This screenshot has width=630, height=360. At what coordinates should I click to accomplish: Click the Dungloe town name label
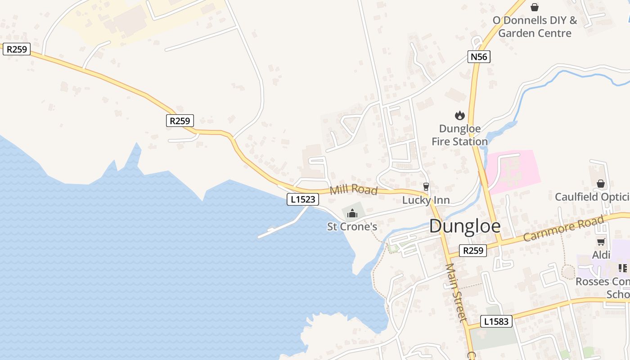(x=464, y=226)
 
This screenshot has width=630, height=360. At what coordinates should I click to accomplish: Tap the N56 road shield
(x=479, y=57)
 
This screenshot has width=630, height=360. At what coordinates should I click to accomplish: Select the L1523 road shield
(x=303, y=199)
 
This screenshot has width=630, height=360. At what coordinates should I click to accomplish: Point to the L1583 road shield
(x=497, y=321)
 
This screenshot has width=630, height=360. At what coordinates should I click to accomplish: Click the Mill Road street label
(x=353, y=189)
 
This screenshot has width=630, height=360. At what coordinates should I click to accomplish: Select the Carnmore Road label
(x=563, y=229)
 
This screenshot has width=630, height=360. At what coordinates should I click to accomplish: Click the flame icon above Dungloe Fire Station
(x=459, y=116)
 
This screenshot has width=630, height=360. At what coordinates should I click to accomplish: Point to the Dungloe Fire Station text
(x=459, y=135)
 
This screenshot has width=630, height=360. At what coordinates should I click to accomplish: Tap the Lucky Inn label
(x=426, y=200)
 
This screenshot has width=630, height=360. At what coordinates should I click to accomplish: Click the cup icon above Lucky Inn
(x=426, y=186)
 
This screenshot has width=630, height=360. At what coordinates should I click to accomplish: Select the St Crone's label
(x=352, y=226)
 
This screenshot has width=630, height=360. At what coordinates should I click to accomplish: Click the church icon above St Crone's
(x=352, y=213)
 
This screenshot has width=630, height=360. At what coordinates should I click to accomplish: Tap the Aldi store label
(x=601, y=255)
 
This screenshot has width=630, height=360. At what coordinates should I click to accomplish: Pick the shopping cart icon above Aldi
(x=601, y=242)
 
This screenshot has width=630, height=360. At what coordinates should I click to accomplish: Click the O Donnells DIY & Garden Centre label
(x=535, y=27)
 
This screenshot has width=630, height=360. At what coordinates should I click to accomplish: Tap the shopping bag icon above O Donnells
(x=535, y=7)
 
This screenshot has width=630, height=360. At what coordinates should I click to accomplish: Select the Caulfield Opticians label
(x=592, y=197)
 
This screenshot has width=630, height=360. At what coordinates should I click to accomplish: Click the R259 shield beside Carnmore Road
(x=473, y=251)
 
